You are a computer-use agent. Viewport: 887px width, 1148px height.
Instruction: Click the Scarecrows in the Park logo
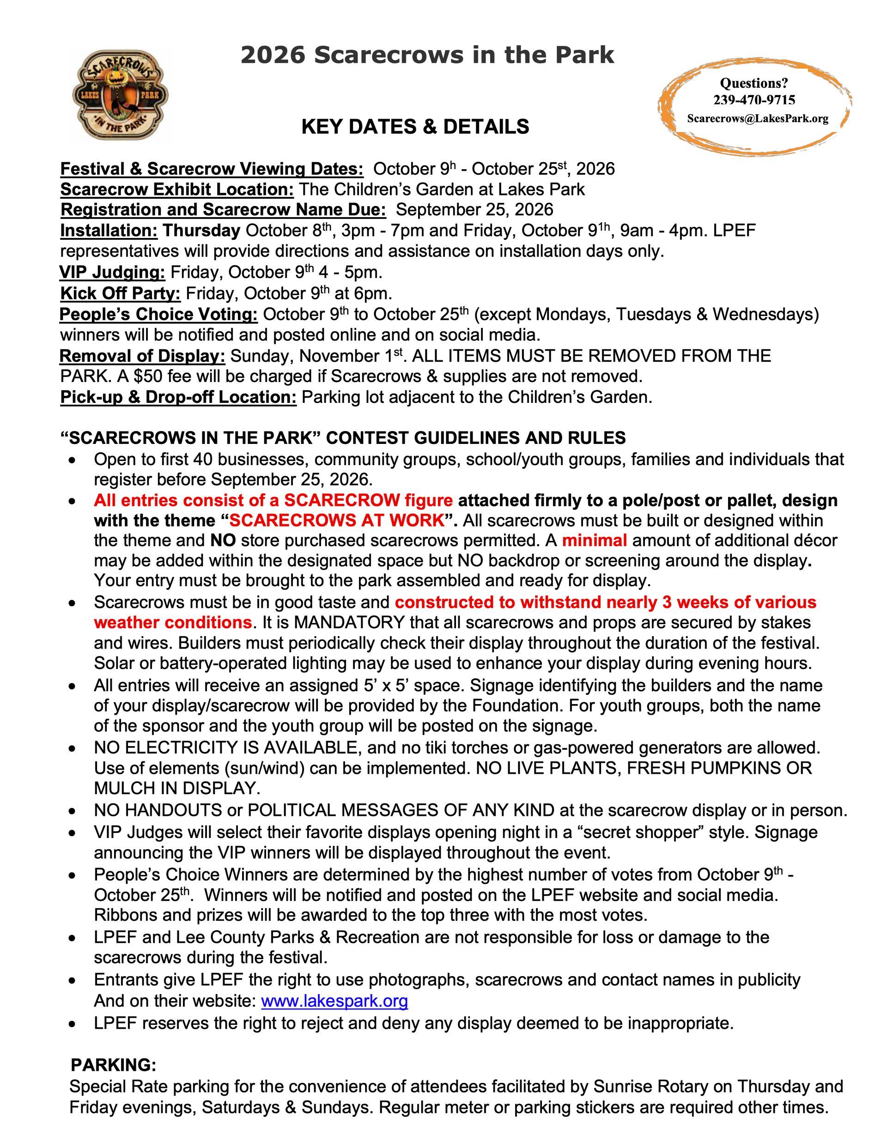121,95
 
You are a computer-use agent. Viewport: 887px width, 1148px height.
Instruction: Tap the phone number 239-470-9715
754,100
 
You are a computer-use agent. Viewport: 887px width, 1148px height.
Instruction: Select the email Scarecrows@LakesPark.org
758,118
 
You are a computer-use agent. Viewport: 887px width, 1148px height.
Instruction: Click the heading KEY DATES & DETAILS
415,127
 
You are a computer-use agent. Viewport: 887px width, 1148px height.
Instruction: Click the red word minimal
594,541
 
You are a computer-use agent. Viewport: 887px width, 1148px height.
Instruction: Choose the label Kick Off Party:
121,293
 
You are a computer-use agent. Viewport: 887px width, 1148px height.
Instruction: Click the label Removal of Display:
142,356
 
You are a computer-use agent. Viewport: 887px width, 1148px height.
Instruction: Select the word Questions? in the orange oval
754,83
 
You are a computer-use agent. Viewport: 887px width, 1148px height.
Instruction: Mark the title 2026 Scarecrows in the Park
427,55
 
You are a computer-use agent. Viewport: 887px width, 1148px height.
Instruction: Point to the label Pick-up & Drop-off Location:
179,397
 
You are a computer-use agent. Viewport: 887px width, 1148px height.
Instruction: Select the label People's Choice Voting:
158,314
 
